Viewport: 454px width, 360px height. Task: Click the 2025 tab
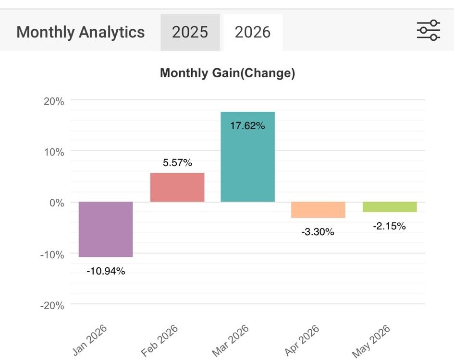coord(190,32)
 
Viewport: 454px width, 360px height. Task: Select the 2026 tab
coord(253,32)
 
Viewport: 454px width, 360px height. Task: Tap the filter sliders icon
coord(429,30)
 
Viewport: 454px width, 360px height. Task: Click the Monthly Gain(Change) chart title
coord(228,73)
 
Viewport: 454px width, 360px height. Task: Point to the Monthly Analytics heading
coord(81,32)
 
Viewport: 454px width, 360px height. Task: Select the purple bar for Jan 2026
coord(106,229)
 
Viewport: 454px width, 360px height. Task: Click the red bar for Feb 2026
coord(177,187)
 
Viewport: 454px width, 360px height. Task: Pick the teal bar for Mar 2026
coord(247,156)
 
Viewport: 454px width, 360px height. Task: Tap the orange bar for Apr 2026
coord(318,209)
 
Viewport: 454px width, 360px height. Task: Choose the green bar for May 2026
coord(390,207)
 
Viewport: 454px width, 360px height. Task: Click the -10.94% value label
coord(106,271)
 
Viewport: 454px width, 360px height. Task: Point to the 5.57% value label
coord(177,163)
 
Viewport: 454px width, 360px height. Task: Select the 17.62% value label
coord(247,126)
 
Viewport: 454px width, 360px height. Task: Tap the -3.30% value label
coord(318,232)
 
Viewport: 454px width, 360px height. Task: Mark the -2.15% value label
coord(390,226)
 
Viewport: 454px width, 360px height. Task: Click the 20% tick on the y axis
coord(54,101)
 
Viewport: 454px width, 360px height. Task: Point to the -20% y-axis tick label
coord(52,306)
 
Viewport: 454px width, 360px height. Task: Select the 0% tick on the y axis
coord(57,203)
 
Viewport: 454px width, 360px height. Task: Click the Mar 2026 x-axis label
coord(231,341)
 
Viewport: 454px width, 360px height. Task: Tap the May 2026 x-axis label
coord(371,341)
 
